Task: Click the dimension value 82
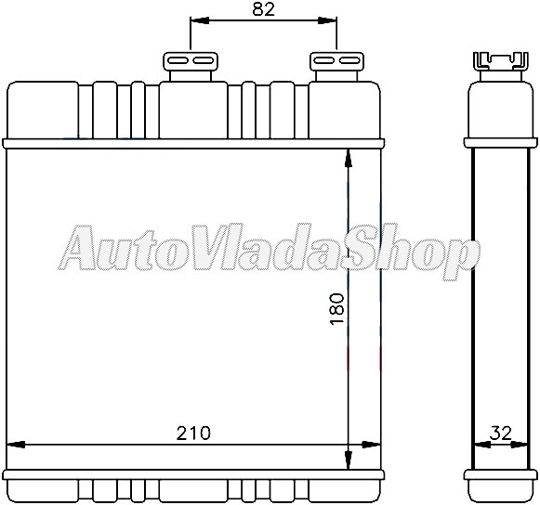(264, 10)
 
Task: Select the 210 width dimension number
(193, 433)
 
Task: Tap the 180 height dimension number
(336, 308)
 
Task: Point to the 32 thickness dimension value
(501, 434)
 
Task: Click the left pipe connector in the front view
(191, 67)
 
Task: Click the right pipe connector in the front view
(336, 67)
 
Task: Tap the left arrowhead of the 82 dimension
(200, 20)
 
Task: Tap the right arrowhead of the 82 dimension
(326, 20)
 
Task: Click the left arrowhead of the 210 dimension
(16, 445)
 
